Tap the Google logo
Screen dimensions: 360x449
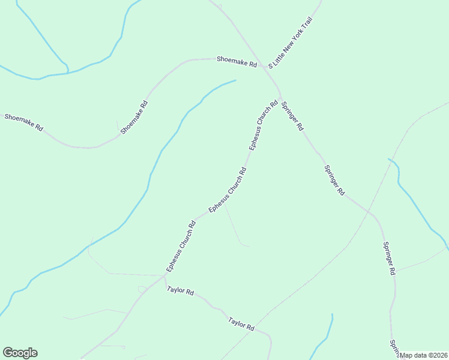point(20,353)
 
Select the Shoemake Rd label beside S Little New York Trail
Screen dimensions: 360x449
point(237,62)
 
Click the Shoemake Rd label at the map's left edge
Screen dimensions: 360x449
point(24,122)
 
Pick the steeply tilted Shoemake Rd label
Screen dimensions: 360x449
point(134,117)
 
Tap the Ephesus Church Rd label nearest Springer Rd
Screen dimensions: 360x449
point(264,125)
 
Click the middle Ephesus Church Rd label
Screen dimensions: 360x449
point(228,190)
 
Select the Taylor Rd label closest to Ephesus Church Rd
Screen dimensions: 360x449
point(181,292)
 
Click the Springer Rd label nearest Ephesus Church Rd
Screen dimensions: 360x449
point(292,116)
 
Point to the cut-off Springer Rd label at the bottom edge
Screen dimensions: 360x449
point(394,348)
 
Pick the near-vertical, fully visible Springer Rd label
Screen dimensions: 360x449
point(389,259)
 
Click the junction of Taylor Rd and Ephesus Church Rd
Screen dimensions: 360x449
point(164,277)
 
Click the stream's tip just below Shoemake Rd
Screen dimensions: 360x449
point(235,80)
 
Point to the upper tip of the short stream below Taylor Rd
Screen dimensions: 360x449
point(332,314)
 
